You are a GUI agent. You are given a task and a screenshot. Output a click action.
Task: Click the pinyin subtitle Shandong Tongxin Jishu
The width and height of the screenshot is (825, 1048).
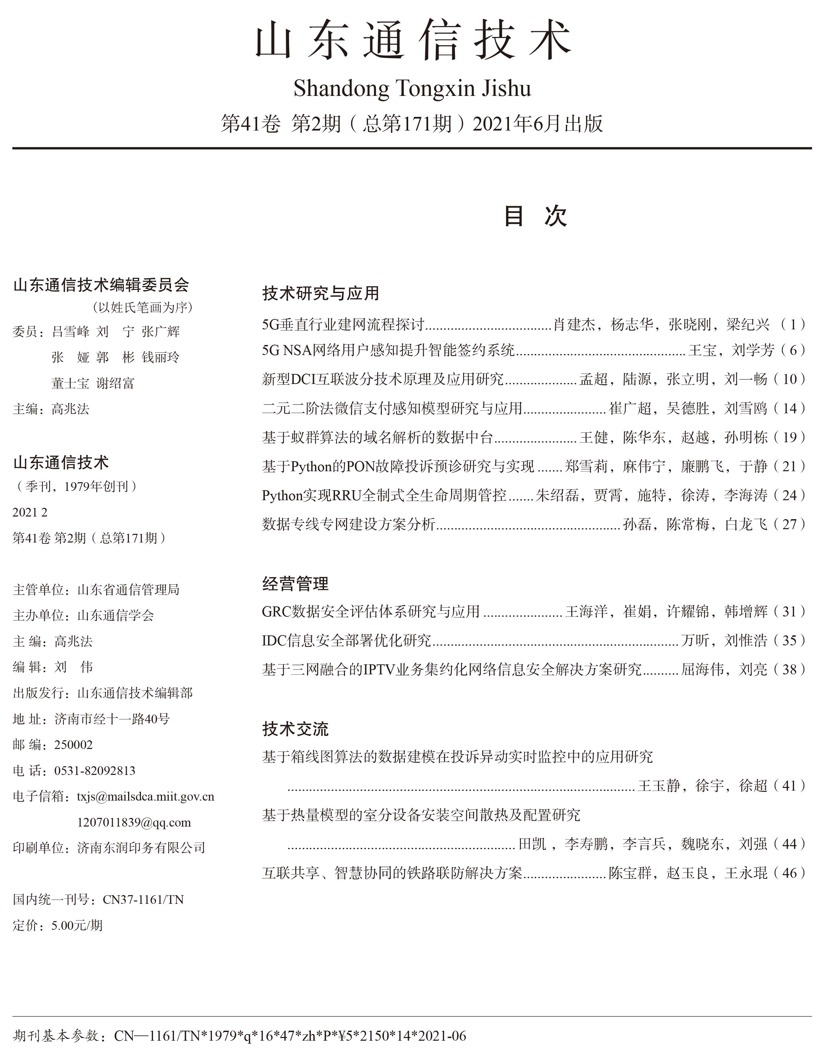coord(412,89)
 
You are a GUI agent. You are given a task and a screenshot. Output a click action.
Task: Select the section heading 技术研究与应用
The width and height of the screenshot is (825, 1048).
coord(320,293)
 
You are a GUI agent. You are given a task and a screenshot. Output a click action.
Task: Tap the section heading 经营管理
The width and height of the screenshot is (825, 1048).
coord(295,583)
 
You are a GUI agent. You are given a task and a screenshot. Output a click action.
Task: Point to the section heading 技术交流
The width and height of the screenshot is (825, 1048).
coord(295,729)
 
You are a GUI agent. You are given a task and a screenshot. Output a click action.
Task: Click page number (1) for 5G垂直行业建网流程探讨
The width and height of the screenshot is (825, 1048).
coord(793,324)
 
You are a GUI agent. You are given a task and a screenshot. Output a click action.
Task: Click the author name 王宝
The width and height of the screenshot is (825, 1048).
coord(702,350)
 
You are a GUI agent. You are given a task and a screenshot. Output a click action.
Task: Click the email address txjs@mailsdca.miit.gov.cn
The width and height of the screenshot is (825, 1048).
coord(145,797)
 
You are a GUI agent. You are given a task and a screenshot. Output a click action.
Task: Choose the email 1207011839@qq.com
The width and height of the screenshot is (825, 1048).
coord(134,822)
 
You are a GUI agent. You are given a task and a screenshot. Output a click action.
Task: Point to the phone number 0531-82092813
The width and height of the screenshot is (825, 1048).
coord(95,771)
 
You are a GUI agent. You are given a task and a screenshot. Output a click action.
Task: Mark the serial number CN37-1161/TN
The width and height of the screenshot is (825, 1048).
coord(143,899)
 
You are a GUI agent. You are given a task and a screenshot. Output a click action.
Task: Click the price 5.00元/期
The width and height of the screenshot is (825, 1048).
coord(77,925)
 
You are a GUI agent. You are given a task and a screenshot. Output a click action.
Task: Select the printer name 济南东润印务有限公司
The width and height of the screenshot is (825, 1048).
coord(141,848)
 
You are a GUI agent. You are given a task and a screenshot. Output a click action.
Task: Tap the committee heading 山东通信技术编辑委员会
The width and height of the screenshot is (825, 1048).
coord(101,285)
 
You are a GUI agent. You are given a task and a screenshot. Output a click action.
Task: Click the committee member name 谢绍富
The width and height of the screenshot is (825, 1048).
coord(115,383)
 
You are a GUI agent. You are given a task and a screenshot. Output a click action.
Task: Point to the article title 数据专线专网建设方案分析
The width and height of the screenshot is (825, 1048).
coord(348,524)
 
